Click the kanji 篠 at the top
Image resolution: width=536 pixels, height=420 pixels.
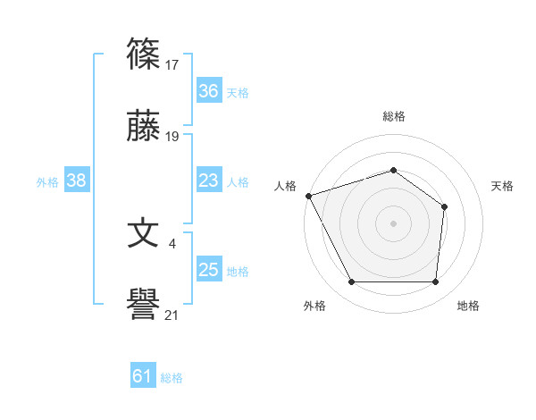pyautogui.click(x=144, y=55)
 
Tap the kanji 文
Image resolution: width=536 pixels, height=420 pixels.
pyautogui.click(x=144, y=234)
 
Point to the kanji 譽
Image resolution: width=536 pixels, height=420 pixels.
pyautogui.click(x=144, y=307)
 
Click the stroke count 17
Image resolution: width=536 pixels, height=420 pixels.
pyautogui.click(x=172, y=64)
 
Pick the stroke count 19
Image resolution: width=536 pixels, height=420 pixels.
pyautogui.click(x=172, y=137)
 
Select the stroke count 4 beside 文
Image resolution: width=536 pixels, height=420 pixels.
pyautogui.click(x=172, y=242)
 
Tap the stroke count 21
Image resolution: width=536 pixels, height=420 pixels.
pyautogui.click(x=172, y=315)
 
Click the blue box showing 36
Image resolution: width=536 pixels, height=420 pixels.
pyautogui.click(x=208, y=90)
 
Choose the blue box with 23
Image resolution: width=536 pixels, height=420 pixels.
pyautogui.click(x=208, y=181)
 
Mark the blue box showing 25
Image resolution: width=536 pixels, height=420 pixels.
pyautogui.click(x=208, y=270)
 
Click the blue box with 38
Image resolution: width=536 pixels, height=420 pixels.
pyautogui.click(x=77, y=181)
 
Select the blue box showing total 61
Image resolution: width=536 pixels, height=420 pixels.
pyautogui.click(x=143, y=376)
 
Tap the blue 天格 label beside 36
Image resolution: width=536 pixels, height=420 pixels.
pyautogui.click(x=238, y=92)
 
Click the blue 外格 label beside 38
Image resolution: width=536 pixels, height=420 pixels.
pyautogui.click(x=47, y=182)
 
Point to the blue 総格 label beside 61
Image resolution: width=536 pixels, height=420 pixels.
pyautogui.click(x=172, y=378)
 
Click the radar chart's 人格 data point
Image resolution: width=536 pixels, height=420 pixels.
pyautogui.click(x=308, y=196)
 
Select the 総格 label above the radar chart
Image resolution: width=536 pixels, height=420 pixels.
pyautogui.click(x=393, y=116)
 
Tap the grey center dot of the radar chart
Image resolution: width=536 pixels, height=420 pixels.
pyautogui.click(x=393, y=223)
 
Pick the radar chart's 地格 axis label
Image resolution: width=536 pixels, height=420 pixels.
pyautogui.click(x=468, y=306)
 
